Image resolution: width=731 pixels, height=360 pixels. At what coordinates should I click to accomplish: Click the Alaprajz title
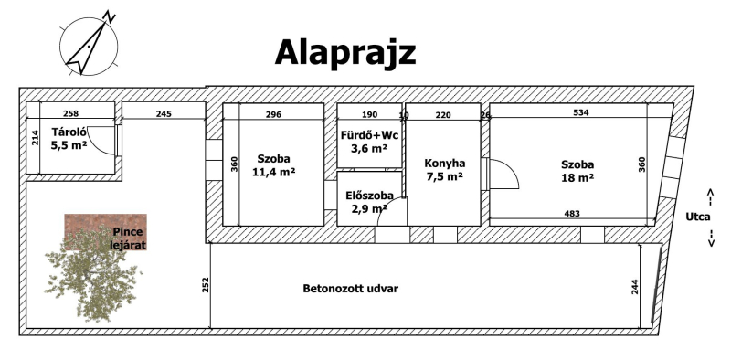tap(345, 53)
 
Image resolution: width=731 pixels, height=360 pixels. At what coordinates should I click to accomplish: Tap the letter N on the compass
tap(110, 16)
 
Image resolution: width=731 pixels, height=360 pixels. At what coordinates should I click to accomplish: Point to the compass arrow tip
tap(105, 24)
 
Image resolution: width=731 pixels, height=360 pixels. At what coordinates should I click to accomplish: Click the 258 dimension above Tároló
tap(71, 113)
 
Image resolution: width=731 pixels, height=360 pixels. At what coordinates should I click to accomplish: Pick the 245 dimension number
tap(164, 113)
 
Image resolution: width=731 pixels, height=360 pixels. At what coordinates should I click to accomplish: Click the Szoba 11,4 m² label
tap(273, 165)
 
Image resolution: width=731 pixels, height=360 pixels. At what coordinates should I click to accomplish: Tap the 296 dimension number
tap(273, 114)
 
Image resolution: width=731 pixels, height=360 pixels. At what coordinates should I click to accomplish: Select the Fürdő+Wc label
tap(369, 136)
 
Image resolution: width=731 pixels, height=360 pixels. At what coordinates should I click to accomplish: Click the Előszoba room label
tap(369, 196)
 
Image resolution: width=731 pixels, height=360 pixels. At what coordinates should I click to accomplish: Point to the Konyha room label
tap(444, 164)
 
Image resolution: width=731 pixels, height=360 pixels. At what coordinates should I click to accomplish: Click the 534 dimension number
tap(581, 112)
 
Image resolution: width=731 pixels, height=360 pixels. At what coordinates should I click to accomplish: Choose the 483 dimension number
tap(572, 214)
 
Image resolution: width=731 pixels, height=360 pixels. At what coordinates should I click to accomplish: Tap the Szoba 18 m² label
tap(577, 171)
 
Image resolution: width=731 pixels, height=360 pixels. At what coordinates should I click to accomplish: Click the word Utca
tap(698, 217)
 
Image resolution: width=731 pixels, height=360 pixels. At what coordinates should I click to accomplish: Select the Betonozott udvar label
tap(351, 289)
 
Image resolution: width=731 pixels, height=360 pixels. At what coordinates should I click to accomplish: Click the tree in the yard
tap(93, 275)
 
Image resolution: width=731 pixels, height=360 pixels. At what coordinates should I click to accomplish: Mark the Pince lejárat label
tap(128, 238)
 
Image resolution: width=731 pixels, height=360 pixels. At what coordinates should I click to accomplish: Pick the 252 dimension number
tap(206, 284)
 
